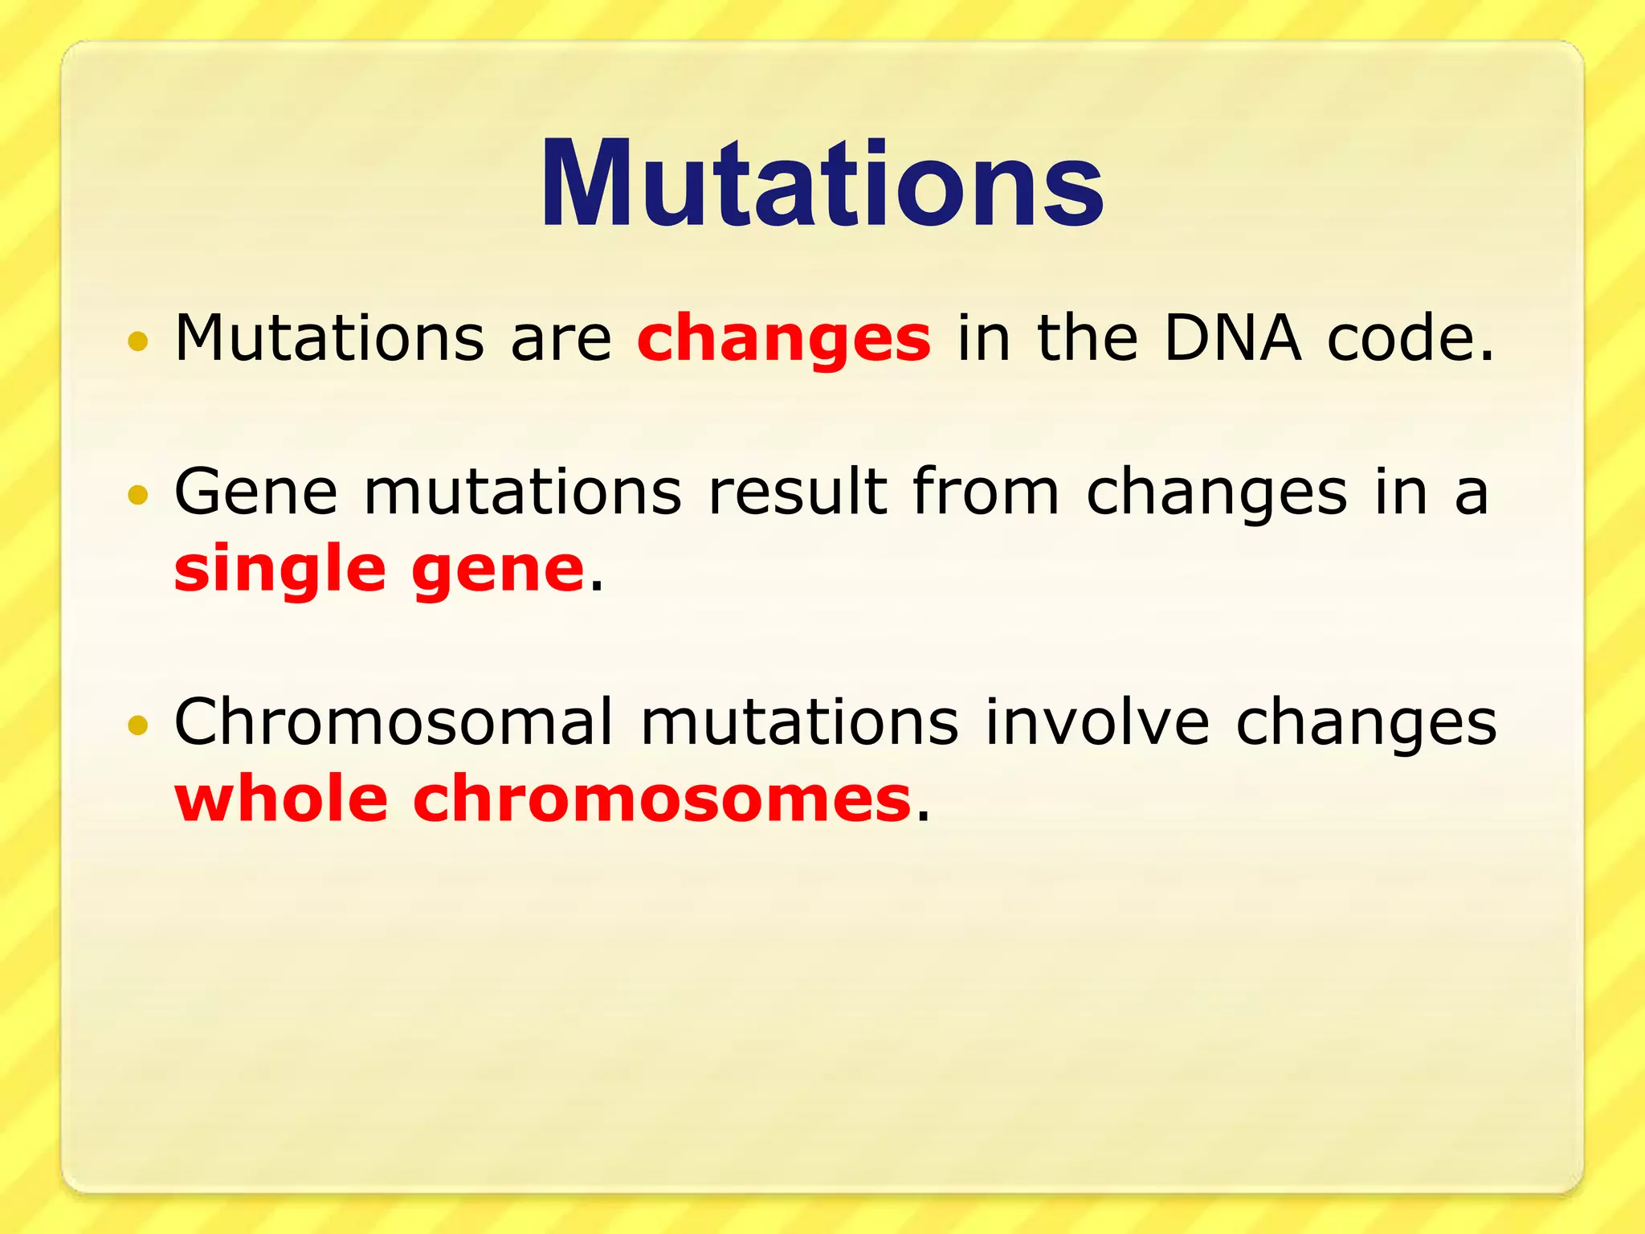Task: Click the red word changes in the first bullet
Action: pyautogui.click(x=783, y=339)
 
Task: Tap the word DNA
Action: pyautogui.click(x=1231, y=337)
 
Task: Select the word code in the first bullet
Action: pyautogui.click(x=1410, y=337)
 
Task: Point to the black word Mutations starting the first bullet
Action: pyautogui.click(x=329, y=337)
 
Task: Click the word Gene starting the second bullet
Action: pyautogui.click(x=255, y=492)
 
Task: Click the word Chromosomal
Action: pyautogui.click(x=394, y=721)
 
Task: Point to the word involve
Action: pyautogui.click(x=1097, y=721)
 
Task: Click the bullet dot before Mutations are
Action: pyautogui.click(x=138, y=341)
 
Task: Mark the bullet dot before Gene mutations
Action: pyautogui.click(x=138, y=495)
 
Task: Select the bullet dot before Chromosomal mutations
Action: pyautogui.click(x=138, y=725)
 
